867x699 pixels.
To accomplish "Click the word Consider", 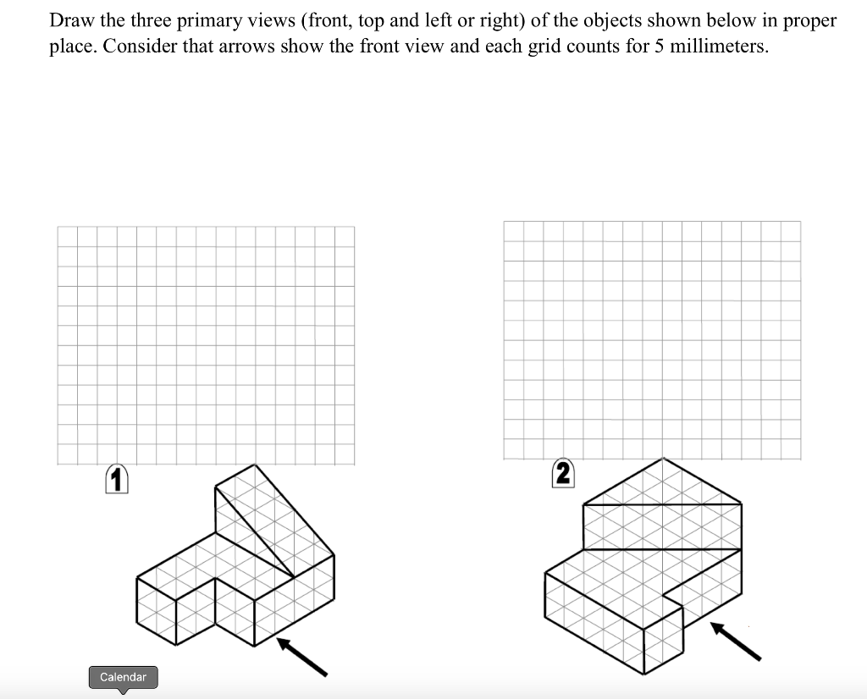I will click(x=140, y=46).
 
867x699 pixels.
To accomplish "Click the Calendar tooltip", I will click(x=123, y=677).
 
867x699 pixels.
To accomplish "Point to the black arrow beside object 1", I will click(x=302, y=658).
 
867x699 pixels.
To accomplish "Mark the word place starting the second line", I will click(x=71, y=46).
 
